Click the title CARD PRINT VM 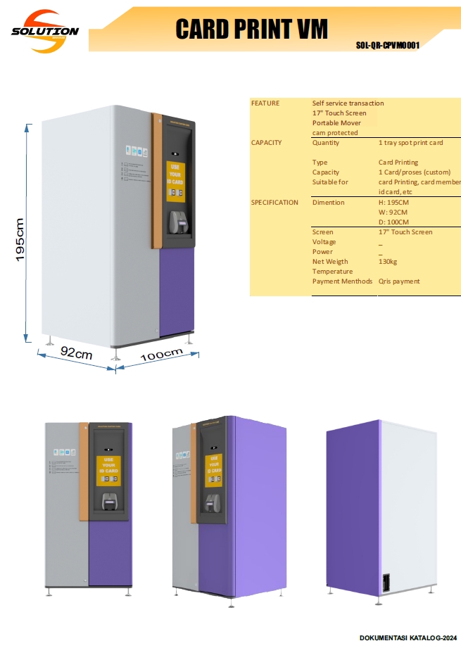[251, 30]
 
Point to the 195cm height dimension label [20, 239]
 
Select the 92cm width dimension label [76, 353]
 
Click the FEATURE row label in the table [265, 103]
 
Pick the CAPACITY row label [267, 143]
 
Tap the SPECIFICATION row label [274, 203]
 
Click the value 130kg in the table [388, 262]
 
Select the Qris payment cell [399, 281]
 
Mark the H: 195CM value [393, 203]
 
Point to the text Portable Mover [336, 123]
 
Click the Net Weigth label [330, 262]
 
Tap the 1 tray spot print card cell [411, 143]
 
